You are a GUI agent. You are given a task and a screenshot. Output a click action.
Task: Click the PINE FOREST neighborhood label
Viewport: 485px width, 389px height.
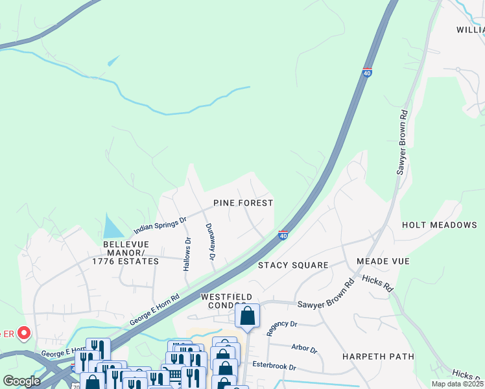(x=243, y=203)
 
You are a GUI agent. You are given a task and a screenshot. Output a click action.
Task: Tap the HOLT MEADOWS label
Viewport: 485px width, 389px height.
(x=439, y=225)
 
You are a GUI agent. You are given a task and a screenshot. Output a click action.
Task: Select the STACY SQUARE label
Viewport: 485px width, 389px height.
(x=293, y=265)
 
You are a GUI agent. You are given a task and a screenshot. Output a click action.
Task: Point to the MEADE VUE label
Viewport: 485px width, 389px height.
(x=383, y=261)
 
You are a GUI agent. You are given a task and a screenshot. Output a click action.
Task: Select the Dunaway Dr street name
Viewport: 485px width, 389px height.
(x=210, y=242)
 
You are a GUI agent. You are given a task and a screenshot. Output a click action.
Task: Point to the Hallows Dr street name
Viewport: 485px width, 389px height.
(x=187, y=253)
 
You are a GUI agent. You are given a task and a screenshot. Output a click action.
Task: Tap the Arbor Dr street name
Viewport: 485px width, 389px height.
(x=304, y=349)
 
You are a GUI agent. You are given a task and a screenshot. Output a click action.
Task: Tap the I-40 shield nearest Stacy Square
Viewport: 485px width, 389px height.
(x=283, y=235)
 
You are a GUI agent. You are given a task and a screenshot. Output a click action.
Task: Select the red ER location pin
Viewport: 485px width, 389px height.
(x=24, y=334)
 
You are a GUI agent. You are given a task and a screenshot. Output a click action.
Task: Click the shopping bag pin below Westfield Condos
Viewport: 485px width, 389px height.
(x=247, y=316)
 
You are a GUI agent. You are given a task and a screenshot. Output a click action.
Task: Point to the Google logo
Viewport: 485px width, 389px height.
(x=22, y=381)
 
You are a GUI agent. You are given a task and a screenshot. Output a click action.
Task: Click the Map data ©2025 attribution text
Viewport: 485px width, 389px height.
(x=458, y=384)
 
